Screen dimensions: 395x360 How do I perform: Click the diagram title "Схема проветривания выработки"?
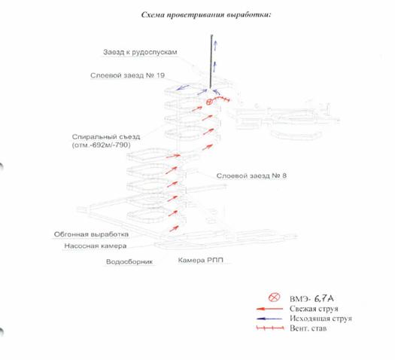coord(206,15)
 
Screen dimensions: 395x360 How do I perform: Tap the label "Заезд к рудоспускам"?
coord(140,52)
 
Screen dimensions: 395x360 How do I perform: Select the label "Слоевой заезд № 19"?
coord(127,75)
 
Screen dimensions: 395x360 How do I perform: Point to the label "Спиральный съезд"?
coord(106,137)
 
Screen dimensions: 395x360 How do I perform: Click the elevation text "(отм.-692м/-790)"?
coord(102,145)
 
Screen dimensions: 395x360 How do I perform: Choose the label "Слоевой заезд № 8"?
coord(251,175)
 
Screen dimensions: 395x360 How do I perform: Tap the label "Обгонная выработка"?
coord(91,234)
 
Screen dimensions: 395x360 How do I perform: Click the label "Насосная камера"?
coord(96,246)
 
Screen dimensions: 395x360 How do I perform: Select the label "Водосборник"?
coord(129,261)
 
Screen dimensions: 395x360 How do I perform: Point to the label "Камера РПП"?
coord(201,260)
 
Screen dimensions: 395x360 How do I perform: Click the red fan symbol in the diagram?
coord(209,102)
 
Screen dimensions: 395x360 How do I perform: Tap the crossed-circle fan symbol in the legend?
coord(274,297)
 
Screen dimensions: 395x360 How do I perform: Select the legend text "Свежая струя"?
coord(314,309)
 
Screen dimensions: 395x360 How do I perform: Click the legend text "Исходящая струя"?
coord(321,319)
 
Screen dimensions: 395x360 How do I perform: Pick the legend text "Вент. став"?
coord(308,328)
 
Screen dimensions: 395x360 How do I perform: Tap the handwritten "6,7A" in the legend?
coord(324,298)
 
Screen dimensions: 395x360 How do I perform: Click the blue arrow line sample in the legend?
coord(269,319)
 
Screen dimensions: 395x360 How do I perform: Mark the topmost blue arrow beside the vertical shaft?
coord(215,45)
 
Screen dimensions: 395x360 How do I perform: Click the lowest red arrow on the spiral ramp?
coord(174,229)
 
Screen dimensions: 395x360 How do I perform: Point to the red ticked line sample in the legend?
coord(270,328)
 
